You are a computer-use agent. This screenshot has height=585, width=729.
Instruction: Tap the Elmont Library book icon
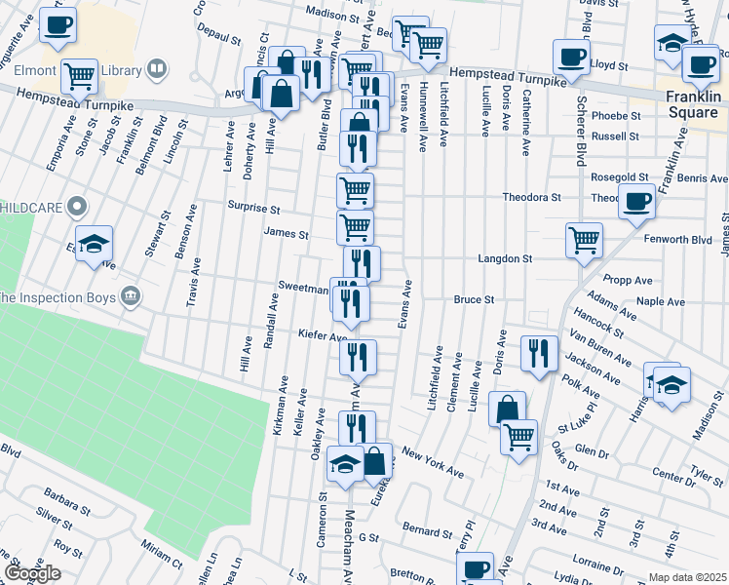tap(156, 69)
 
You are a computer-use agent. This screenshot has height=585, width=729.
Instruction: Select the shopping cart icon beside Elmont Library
tap(79, 74)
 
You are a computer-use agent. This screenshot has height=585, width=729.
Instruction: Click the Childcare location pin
tap(81, 207)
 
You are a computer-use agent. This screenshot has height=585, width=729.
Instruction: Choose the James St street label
tap(286, 234)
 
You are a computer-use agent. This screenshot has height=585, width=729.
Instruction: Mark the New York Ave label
tap(433, 463)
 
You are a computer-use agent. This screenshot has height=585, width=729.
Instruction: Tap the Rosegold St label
tap(621, 177)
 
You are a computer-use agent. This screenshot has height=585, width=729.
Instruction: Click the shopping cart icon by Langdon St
tap(584, 238)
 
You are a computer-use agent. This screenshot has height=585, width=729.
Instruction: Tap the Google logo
tap(32, 574)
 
